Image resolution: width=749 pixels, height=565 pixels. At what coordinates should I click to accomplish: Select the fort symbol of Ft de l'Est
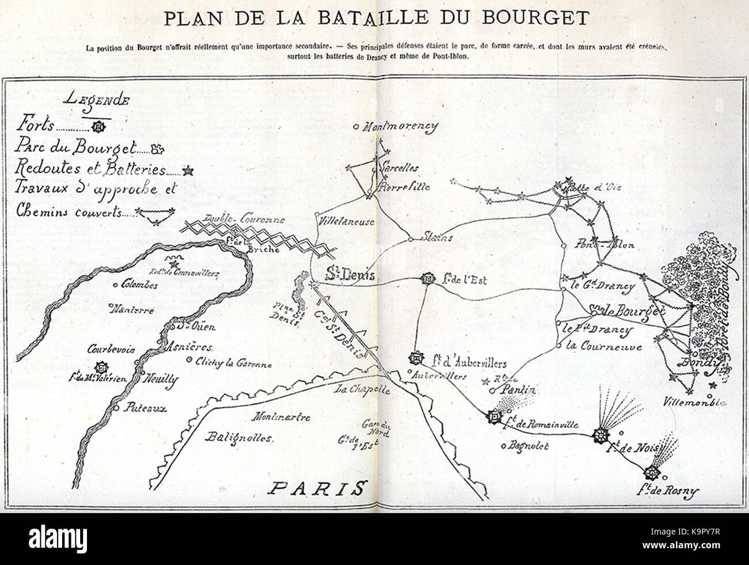coord(428,279)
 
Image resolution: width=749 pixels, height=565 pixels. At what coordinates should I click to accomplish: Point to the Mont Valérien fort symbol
coord(102,367)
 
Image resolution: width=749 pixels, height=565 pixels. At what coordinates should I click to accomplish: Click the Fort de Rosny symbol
coord(652,473)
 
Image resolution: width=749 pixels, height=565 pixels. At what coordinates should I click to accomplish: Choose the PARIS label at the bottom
coord(316,489)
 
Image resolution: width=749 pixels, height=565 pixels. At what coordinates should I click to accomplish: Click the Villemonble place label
coord(694,402)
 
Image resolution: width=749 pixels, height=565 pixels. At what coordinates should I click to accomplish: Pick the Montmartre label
coord(282,417)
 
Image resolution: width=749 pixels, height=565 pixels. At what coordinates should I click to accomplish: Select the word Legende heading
coord(97,99)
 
